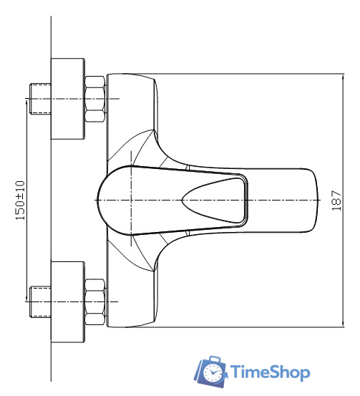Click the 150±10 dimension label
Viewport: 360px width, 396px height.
(20, 200)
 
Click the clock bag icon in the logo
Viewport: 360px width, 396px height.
(211, 370)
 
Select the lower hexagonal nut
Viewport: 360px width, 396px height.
(95, 302)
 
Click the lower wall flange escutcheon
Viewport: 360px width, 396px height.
(67, 302)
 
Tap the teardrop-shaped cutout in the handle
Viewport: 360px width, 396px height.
(215, 200)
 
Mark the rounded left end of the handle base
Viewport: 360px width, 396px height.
(101, 200)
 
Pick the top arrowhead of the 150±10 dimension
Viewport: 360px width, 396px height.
(26, 102)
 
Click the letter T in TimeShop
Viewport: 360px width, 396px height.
(237, 372)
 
